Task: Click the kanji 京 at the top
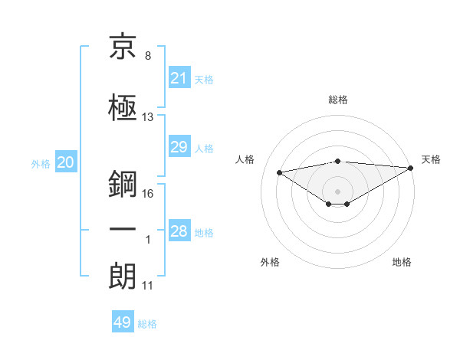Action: (123, 46)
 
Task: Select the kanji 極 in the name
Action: (123, 107)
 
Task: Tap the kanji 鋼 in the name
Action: (123, 184)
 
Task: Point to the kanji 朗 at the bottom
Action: (123, 276)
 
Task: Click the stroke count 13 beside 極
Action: (147, 117)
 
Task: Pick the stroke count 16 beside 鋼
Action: (147, 194)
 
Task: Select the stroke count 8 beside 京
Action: (148, 56)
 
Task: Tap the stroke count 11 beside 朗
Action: (147, 286)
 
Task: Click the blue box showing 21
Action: (179, 77)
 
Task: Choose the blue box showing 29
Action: (179, 146)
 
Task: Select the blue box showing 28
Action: (179, 230)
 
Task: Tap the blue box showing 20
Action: (66, 162)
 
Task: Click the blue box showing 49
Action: (123, 321)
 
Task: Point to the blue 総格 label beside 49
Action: (147, 324)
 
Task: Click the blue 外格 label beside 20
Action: (41, 164)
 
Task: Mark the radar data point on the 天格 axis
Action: (411, 168)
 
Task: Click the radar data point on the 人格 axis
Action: (279, 172)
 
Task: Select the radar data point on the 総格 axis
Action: (338, 162)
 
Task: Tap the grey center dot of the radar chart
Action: (337, 191)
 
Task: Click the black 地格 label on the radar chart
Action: (402, 262)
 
